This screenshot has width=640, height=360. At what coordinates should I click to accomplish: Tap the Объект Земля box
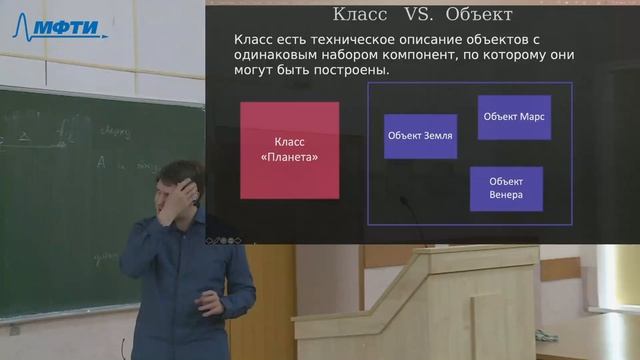[420, 136]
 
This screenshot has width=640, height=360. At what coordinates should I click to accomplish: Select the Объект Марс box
[515, 117]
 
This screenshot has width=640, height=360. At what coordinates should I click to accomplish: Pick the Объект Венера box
[506, 188]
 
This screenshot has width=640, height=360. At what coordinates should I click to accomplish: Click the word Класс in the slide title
[361, 15]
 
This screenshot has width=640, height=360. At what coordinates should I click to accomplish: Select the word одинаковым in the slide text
[272, 56]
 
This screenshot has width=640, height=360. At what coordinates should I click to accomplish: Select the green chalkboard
[60, 200]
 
